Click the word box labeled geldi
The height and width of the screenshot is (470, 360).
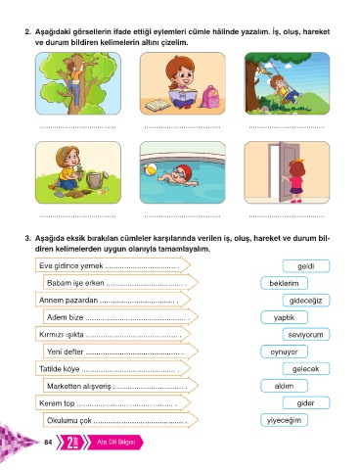[x=306, y=266]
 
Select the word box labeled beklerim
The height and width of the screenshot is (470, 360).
[x=284, y=283]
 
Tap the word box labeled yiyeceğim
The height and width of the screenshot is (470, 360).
[x=284, y=420]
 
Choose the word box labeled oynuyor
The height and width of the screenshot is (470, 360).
[x=284, y=352]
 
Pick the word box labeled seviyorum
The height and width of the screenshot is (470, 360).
[x=306, y=335]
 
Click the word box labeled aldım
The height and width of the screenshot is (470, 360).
[x=284, y=386]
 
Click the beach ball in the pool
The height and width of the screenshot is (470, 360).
[x=150, y=169]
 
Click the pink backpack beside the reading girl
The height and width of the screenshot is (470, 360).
[x=209, y=97]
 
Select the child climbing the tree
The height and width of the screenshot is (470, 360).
[x=75, y=83]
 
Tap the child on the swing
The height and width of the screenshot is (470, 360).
[x=285, y=89]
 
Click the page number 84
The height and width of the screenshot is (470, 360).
[x=48, y=443]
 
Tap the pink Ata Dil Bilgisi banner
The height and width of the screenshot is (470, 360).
[x=115, y=443]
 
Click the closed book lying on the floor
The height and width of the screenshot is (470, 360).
[x=157, y=106]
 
